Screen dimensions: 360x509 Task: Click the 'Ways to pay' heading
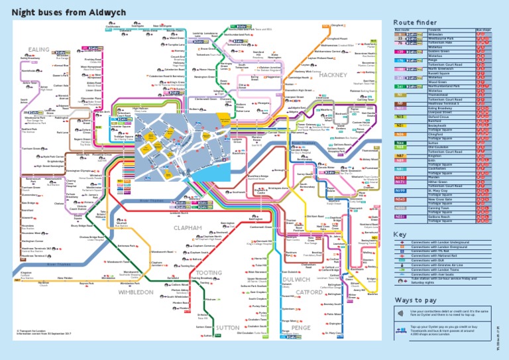(x=415, y=300)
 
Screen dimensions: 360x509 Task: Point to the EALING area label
(x=39, y=50)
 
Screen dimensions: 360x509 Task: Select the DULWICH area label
(x=296, y=279)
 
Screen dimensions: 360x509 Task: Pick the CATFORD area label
(x=309, y=291)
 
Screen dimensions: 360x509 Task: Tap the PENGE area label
(x=300, y=328)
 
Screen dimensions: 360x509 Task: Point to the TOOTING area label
(x=208, y=272)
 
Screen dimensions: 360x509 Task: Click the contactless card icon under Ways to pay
(x=401, y=312)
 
